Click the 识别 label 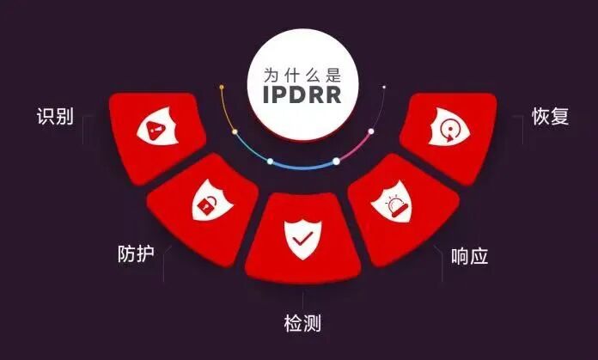54,117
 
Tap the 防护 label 137,254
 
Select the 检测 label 303,324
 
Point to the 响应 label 470,255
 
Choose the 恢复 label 551,117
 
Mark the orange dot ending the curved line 222,87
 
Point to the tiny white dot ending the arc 384,87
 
